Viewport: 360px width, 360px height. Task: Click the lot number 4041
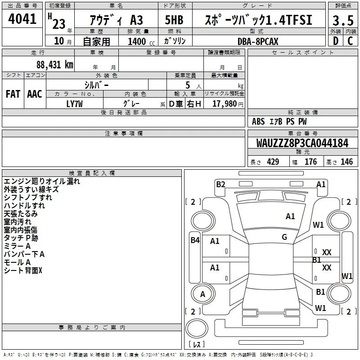click(22, 19)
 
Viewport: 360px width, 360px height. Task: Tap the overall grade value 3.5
click(343, 20)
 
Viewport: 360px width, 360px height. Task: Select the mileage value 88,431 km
click(54, 65)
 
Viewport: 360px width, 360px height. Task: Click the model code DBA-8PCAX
click(258, 41)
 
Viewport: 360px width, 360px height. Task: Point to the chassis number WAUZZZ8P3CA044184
click(302, 143)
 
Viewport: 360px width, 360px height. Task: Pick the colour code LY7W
click(74, 104)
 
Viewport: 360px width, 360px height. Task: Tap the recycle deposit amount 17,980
click(225, 104)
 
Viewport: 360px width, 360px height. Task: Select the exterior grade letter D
click(336, 41)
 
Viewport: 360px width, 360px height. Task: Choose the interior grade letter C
click(350, 41)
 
